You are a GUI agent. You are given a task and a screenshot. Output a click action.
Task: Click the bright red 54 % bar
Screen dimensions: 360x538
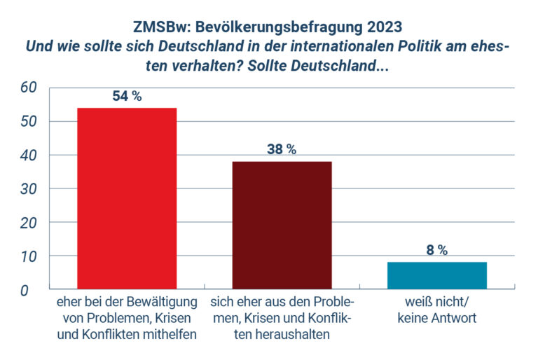127,198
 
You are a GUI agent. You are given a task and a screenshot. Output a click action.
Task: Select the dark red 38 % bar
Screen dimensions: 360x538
282,225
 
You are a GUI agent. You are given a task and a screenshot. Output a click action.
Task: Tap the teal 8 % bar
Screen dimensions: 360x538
436,275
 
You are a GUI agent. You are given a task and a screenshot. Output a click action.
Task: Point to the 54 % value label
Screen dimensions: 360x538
127,97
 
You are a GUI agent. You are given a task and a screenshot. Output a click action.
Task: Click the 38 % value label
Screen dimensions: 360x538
282,149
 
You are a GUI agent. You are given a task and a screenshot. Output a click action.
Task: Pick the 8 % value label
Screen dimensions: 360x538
436,250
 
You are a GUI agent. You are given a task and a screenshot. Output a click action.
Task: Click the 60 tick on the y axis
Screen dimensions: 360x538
28,88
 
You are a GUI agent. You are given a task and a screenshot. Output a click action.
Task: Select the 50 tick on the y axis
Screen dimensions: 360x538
28,121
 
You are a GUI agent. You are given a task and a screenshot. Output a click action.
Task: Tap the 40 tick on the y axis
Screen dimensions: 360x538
28,155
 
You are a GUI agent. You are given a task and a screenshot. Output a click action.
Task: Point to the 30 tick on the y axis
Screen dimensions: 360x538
28,188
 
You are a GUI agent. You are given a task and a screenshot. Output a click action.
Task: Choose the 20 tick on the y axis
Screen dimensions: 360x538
28,222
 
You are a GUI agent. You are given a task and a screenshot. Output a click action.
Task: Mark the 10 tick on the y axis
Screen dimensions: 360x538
28,256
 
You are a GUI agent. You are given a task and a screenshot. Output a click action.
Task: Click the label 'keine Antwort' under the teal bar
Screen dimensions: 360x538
436,318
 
